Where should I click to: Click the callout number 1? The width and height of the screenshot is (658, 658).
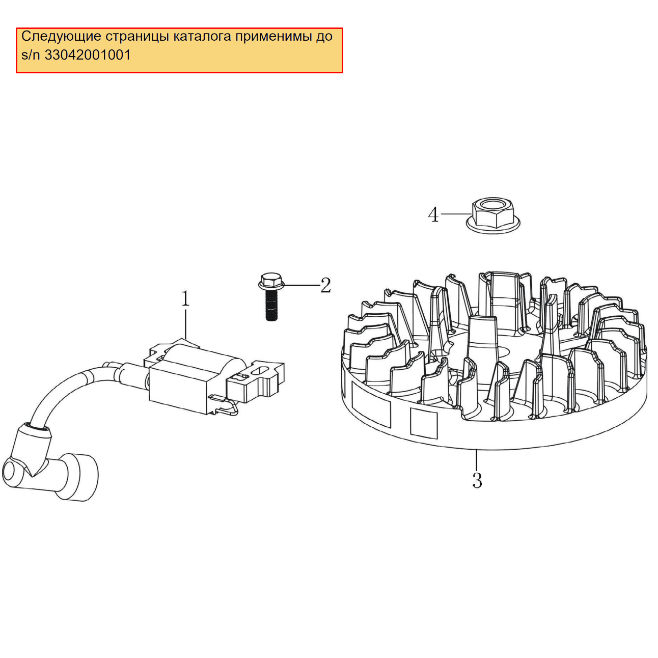point(185,298)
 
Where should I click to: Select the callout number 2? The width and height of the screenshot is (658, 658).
point(325,285)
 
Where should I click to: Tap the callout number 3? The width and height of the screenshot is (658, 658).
point(477,481)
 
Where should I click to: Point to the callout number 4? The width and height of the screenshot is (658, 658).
point(433,215)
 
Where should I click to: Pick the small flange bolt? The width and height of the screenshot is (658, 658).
point(271,297)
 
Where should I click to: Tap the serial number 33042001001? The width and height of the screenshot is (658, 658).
point(88,55)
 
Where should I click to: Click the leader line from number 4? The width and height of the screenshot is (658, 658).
point(456,214)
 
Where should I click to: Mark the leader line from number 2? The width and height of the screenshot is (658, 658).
point(301,285)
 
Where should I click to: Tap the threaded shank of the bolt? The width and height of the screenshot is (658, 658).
point(271,308)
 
